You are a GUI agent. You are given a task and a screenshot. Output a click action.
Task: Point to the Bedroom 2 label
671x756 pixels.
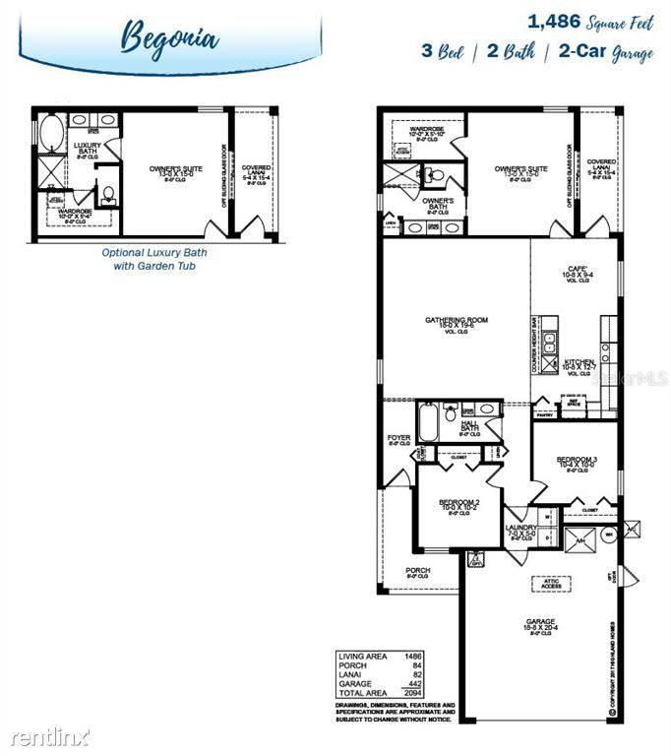point(458,503)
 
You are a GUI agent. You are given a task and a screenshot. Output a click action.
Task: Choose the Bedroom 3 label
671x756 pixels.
point(578,460)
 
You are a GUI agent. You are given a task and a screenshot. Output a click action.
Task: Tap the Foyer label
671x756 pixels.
point(398,437)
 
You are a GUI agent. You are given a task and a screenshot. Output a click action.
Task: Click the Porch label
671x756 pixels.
point(418,570)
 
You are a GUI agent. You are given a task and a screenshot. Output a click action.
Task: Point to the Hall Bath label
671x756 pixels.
point(469,426)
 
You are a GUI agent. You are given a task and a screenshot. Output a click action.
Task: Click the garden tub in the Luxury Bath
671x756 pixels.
point(48,130)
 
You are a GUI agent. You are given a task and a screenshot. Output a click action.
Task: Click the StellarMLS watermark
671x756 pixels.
point(631,376)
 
